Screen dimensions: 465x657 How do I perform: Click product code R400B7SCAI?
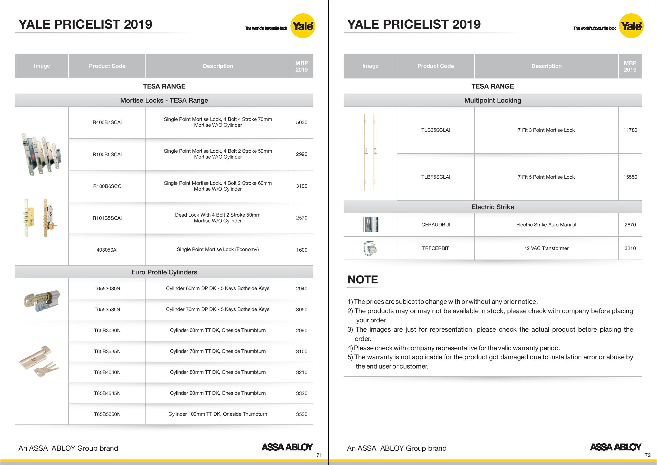(107, 122)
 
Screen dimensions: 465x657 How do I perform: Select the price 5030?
(301, 122)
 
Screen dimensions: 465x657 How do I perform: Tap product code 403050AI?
(107, 250)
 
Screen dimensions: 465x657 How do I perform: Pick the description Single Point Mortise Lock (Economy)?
(218, 249)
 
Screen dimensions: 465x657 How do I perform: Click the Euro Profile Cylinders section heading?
(164, 272)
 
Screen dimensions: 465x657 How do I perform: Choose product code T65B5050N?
(107, 414)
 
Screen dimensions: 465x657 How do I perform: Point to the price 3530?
(301, 414)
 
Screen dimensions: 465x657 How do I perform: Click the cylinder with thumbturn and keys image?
(39, 361)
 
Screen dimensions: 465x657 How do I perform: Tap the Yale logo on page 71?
(303, 26)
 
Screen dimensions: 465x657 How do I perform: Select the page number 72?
(648, 455)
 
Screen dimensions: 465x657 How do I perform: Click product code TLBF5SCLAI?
(436, 177)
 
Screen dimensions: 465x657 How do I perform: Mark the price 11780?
(630, 130)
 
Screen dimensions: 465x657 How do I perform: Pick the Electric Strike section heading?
(492, 207)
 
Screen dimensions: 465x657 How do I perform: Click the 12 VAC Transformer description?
(546, 248)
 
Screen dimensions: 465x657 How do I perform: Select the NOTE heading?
(363, 279)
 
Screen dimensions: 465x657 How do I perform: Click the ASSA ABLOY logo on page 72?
(615, 447)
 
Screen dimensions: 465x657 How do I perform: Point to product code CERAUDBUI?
(436, 225)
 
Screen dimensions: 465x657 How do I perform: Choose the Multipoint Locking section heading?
(492, 100)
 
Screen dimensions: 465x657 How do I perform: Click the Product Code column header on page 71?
(107, 66)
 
